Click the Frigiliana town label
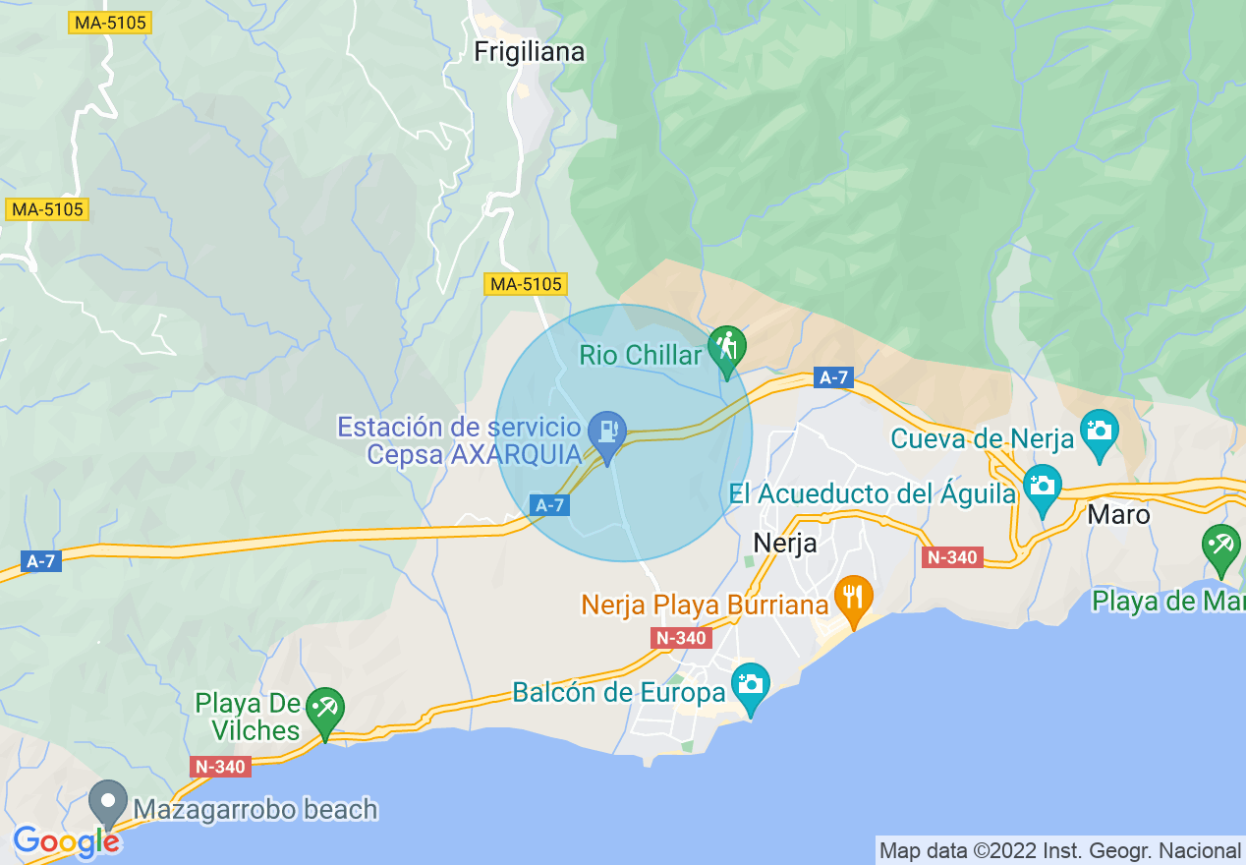point(529,52)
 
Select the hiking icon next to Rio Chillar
point(726,347)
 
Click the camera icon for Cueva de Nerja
point(1099,431)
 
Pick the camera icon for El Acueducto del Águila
point(1042,486)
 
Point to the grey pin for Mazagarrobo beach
point(108,802)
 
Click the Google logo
point(66,841)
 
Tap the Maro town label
point(1118,514)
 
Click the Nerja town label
point(784,543)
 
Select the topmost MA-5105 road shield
point(110,23)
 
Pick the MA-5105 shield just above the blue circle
point(527,284)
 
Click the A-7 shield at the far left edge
point(40,561)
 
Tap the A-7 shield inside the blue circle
point(549,504)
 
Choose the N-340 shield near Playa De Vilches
point(221,767)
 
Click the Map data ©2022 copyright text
point(1059,850)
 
